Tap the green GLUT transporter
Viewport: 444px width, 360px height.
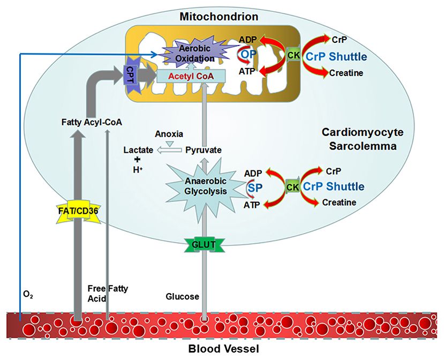coord(204,244)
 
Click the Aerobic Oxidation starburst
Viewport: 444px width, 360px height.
coord(183,54)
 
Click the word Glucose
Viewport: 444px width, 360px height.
coord(182,296)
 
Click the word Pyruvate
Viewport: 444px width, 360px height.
coord(204,150)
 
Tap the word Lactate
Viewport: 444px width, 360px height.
coord(139,150)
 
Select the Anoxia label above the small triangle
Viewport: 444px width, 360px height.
coord(170,133)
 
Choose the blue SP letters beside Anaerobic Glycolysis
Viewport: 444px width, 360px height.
coord(255,187)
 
